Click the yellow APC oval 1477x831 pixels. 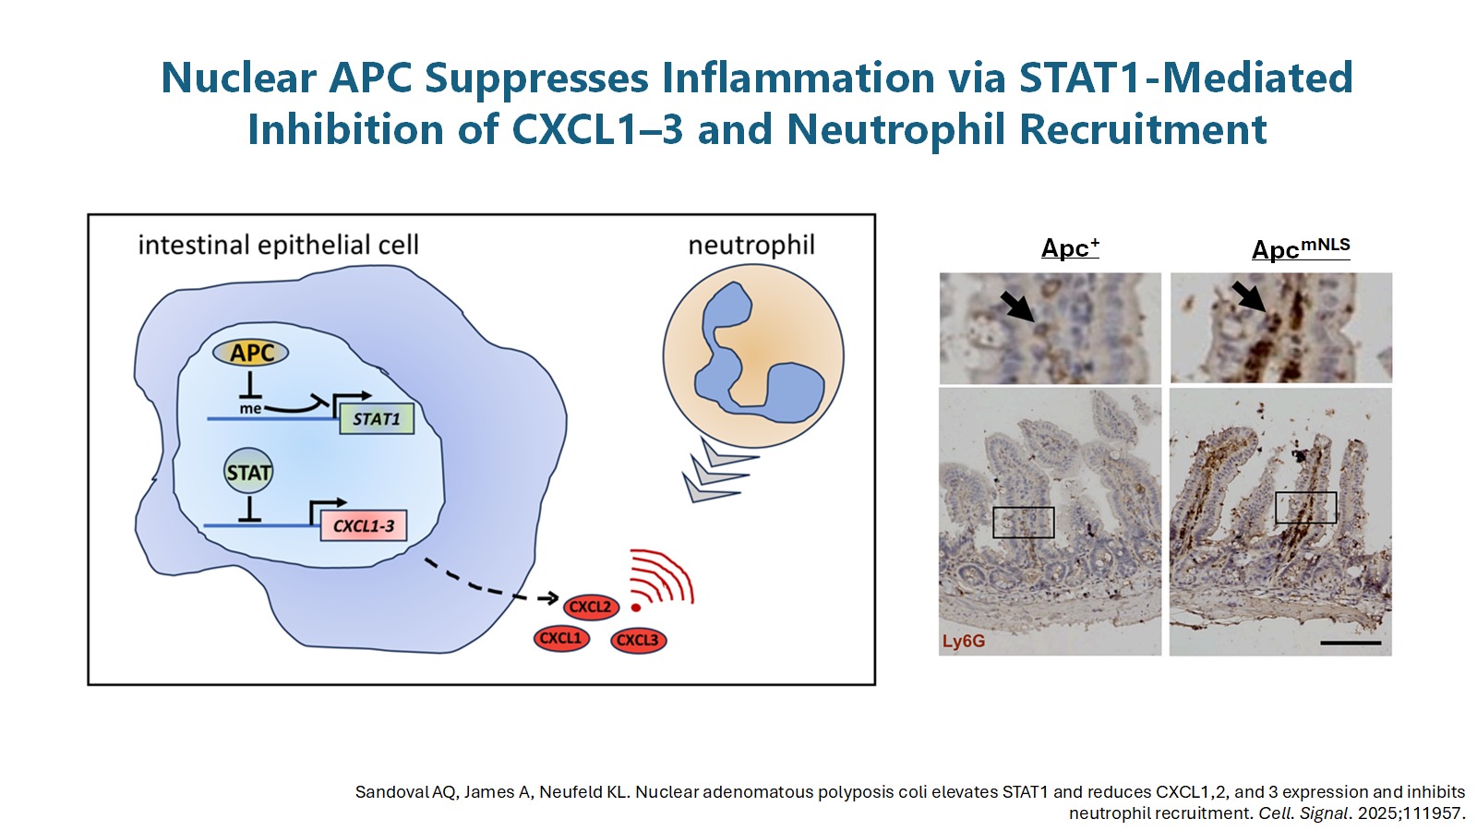[250, 353]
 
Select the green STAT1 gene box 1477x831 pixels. [377, 418]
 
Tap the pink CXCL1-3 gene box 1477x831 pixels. [363, 525]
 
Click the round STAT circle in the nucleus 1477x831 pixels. [248, 473]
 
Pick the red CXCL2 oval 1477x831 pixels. [591, 607]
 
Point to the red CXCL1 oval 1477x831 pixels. [561, 638]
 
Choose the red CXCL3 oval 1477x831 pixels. [638, 640]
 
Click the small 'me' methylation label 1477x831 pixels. [250, 408]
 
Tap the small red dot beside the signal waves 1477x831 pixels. [636, 608]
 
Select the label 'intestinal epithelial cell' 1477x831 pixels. [278, 245]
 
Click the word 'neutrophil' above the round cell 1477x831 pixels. [751, 245]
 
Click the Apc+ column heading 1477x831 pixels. [1070, 247]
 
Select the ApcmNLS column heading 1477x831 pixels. [1300, 248]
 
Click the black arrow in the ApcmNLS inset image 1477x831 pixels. [1249, 297]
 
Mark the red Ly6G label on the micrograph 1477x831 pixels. [964, 641]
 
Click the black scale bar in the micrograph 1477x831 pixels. [1351, 642]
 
